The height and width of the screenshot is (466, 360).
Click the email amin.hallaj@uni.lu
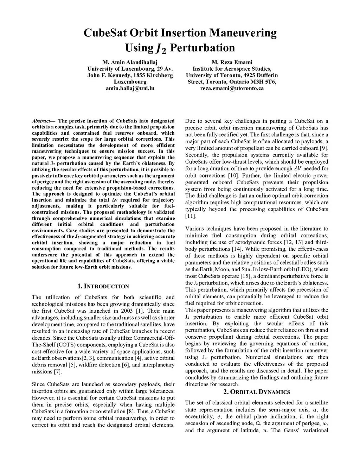130,88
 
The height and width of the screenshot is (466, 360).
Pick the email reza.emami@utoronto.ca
232,88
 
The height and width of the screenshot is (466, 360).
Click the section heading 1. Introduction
103,286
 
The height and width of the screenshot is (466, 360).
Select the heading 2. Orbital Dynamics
257,392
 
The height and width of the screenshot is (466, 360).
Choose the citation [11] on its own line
190,216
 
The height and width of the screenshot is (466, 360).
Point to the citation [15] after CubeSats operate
245,276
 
